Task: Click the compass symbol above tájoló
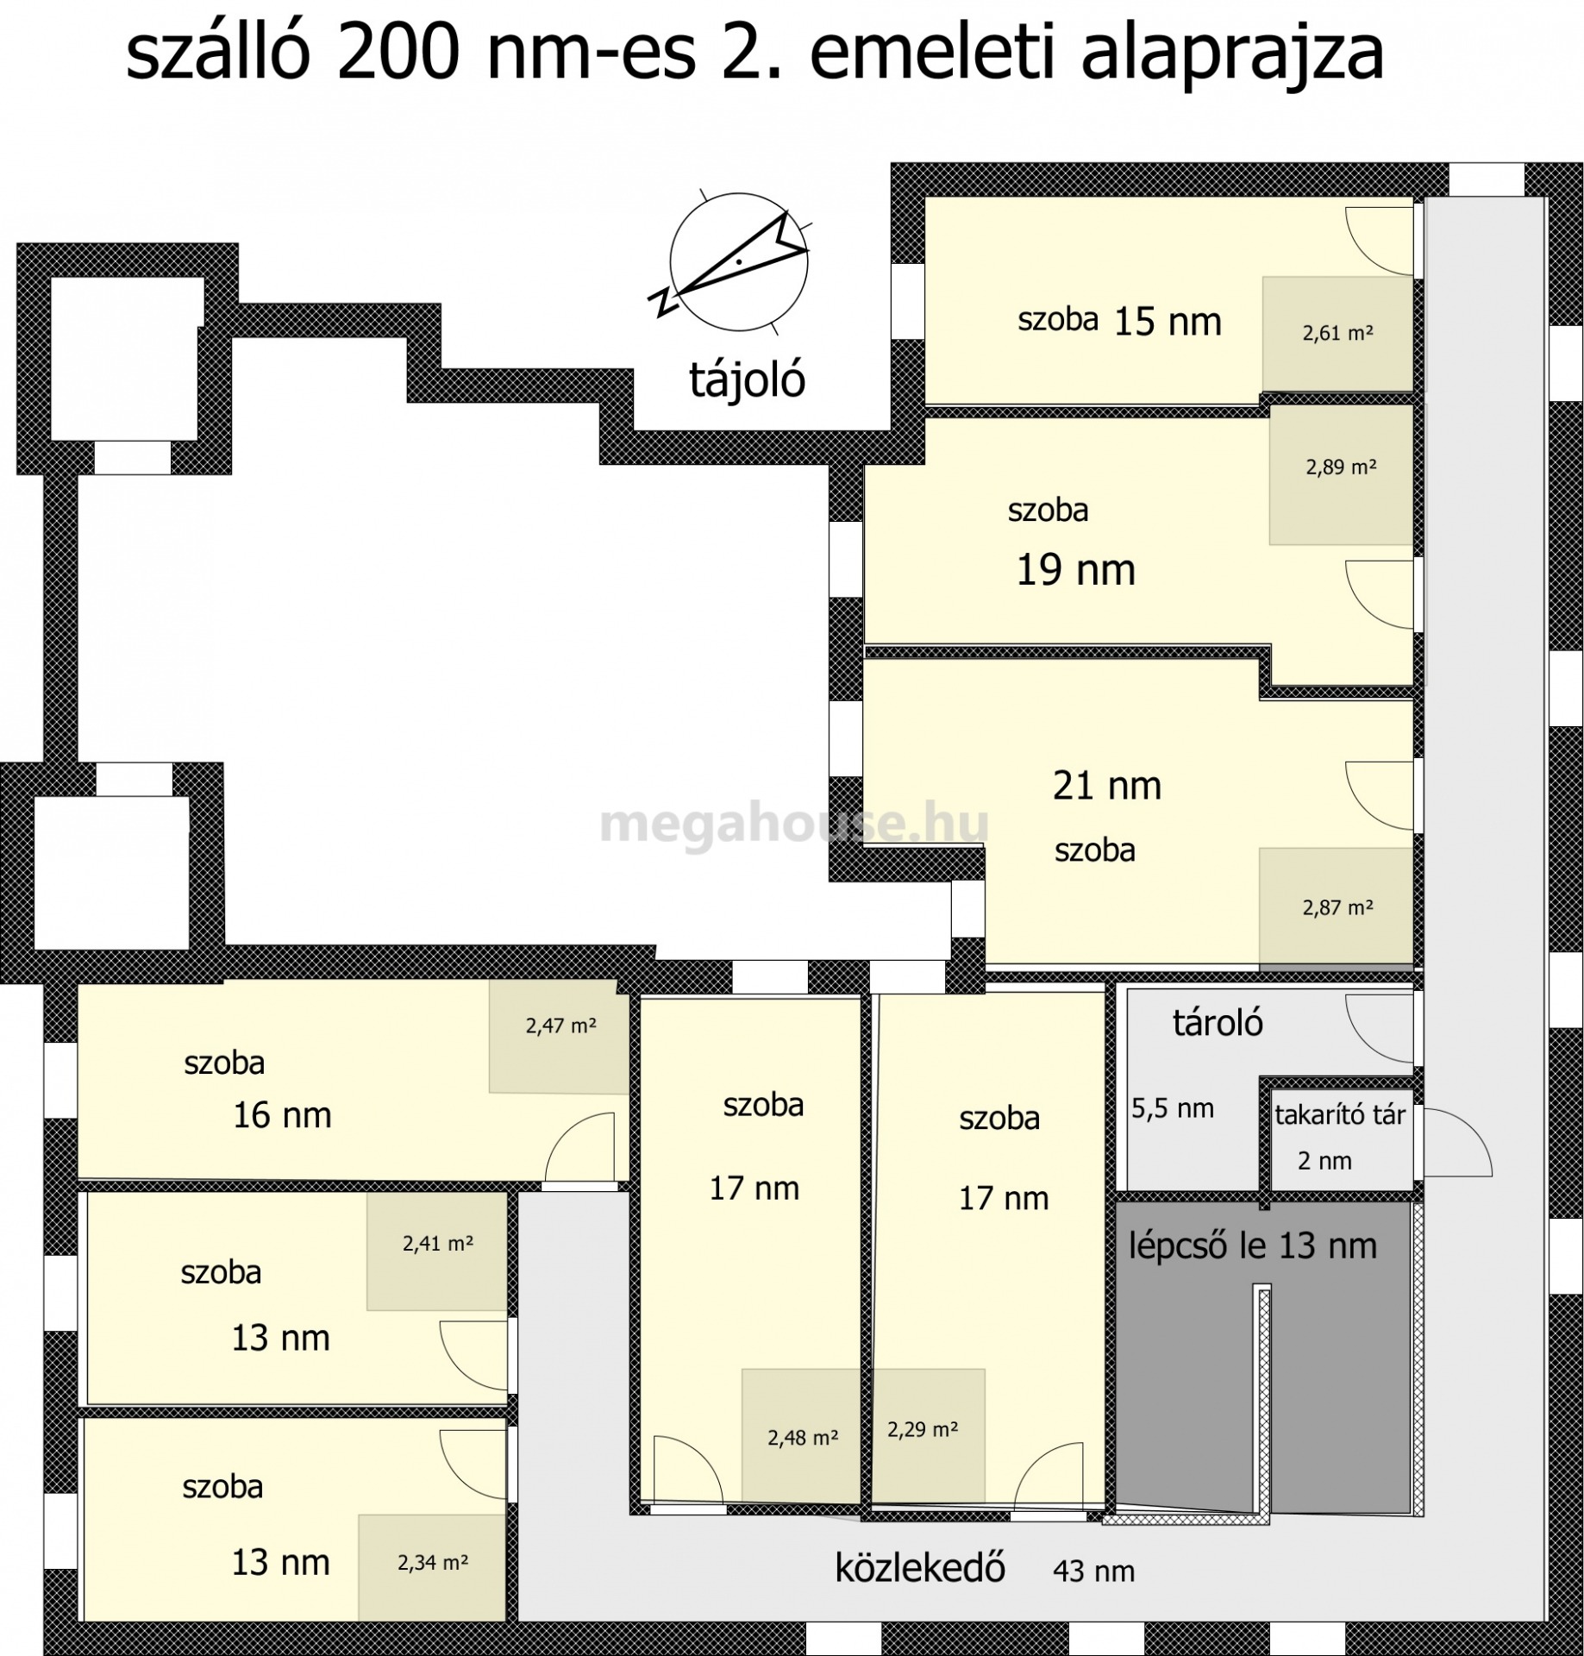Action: [738, 260]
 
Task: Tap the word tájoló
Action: [747, 379]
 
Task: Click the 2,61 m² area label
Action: [1337, 333]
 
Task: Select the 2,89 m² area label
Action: [1341, 467]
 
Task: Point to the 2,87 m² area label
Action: [1337, 907]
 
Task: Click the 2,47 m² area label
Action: [560, 1026]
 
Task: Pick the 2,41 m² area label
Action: [438, 1244]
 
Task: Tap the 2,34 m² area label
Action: [433, 1563]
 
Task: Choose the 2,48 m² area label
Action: [803, 1438]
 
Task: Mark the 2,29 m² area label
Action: [923, 1429]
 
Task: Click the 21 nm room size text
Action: [1107, 786]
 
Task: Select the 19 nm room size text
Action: [1075, 570]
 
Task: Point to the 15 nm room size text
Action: [1168, 322]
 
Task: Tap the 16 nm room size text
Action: [282, 1115]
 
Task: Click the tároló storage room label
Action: [1218, 1022]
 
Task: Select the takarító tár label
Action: [1340, 1114]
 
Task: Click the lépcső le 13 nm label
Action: [1252, 1245]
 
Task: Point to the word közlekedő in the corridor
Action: [920, 1567]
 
